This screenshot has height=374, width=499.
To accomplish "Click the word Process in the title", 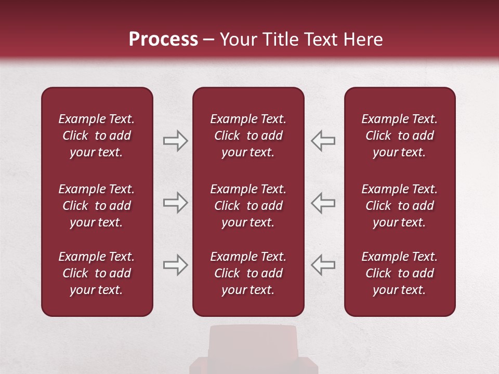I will pos(163,39).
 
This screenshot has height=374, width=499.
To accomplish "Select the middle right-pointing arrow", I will pos(175,203).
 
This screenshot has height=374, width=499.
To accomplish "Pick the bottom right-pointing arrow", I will pos(175,265).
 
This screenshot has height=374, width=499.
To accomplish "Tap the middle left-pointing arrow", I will pos(323,203).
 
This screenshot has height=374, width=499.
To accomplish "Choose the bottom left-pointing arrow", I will pos(323,265).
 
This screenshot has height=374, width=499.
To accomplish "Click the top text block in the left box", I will pos(97,136).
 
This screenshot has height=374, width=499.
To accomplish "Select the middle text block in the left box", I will pos(97,206).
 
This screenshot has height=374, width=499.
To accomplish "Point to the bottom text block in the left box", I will pos(97,273).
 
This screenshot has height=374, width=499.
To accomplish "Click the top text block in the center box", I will pos(248,136).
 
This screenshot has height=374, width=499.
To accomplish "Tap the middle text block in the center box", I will pos(248,206).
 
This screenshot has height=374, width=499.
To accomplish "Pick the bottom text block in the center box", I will pos(248,273).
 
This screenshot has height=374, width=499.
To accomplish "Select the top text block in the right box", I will pos(400,136).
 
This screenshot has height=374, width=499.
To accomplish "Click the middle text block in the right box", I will pos(400,206).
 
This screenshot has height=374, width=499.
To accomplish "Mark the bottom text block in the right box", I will pos(400,273).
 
